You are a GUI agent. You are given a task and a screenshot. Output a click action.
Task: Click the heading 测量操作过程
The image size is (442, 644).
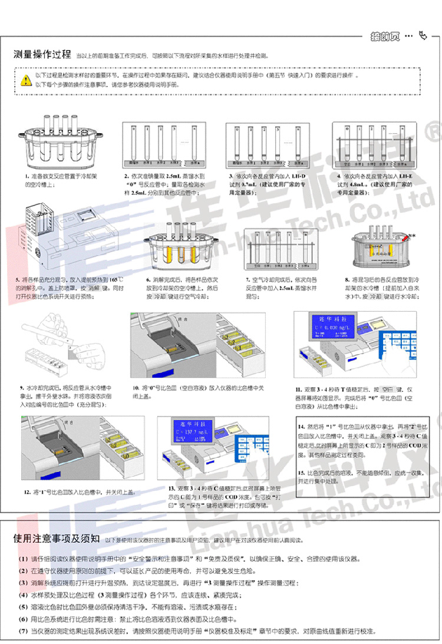(x=42, y=55)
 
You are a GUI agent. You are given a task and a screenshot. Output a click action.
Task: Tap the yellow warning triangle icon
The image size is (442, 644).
(x=25, y=80)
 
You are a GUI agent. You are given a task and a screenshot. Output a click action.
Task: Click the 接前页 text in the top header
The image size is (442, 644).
(x=385, y=36)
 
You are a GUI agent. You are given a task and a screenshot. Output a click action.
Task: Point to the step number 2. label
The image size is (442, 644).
(x=126, y=176)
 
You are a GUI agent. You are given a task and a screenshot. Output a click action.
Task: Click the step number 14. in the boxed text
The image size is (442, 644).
(x=302, y=425)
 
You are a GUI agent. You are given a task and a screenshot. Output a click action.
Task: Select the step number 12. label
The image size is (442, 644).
(x=27, y=491)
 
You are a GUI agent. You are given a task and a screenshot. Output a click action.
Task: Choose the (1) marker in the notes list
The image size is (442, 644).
(x=22, y=559)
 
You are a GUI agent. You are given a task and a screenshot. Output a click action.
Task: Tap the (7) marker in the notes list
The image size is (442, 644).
(x=22, y=631)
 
